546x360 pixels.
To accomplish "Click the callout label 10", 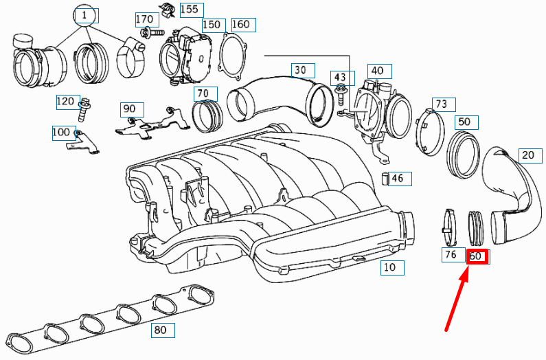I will click(389, 268).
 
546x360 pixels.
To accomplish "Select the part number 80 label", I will click(160, 330).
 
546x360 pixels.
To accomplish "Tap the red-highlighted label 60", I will click(477, 257).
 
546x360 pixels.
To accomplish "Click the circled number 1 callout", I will click(84, 15).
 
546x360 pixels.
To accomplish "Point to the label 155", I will click(187, 9).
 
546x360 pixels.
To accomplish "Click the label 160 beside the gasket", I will click(240, 25).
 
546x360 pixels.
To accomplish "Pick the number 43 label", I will click(341, 76).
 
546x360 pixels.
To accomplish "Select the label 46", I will click(398, 179).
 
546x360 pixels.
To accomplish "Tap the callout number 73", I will click(440, 104).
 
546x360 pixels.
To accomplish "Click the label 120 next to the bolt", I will click(65, 102).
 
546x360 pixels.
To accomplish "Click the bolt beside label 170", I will click(150, 32).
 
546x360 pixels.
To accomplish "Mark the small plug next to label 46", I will click(385, 180).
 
